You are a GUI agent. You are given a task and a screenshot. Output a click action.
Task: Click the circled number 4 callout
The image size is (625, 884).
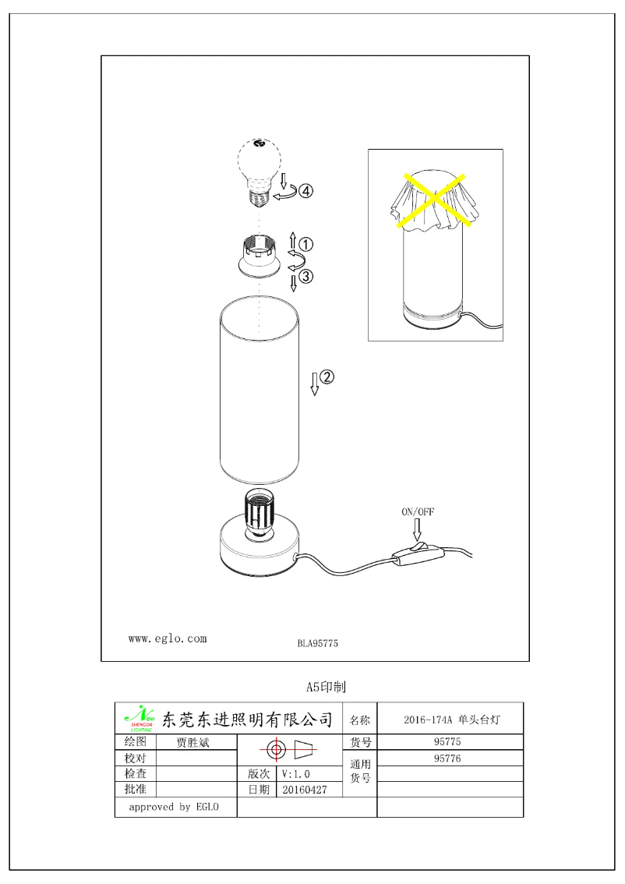306,191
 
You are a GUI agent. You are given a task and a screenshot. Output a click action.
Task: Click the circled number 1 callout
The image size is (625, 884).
306,244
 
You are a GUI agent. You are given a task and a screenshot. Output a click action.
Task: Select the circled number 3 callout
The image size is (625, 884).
306,275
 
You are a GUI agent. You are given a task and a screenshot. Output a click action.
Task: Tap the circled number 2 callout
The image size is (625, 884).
327,377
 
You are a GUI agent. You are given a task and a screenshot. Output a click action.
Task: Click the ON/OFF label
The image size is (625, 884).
418,512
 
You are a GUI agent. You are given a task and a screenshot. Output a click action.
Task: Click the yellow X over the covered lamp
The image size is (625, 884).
434,200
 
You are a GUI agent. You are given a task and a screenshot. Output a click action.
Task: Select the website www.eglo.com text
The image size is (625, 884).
168,638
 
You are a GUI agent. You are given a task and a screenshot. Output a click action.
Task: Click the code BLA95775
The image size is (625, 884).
317,644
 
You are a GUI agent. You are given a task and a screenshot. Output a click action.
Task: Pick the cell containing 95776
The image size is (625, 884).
449,758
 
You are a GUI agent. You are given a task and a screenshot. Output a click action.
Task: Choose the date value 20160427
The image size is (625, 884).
305,789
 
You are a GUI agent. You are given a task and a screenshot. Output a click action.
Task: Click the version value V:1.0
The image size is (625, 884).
297,774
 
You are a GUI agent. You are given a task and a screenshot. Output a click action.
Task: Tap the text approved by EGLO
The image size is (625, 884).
174,807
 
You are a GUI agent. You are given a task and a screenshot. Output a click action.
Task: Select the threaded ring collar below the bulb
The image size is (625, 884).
260,258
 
